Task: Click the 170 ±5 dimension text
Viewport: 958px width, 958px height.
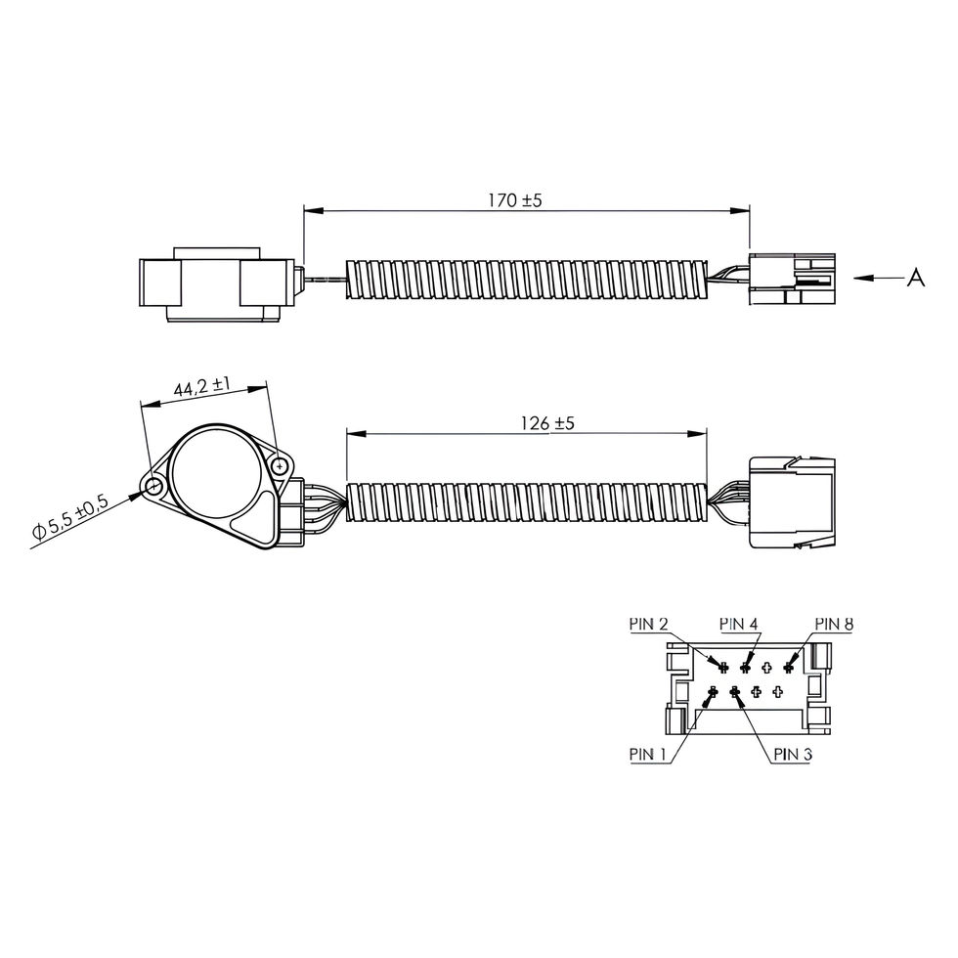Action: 514,199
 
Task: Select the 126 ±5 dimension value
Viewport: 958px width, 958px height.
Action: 547,422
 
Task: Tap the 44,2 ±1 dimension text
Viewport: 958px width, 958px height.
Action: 201,387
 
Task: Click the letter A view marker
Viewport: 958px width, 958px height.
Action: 915,278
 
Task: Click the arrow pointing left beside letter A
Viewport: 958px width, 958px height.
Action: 878,279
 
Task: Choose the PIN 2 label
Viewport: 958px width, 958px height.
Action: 648,624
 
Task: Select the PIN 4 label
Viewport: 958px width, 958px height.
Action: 739,624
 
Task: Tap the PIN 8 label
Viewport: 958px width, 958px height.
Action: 834,624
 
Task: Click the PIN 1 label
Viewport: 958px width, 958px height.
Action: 647,755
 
